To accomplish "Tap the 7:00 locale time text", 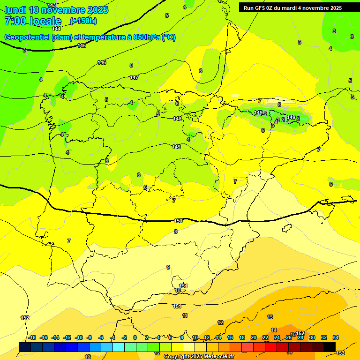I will point(33,21).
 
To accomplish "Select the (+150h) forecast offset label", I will point(83,21).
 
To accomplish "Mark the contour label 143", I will point(52,5).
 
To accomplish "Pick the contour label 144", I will point(56,29).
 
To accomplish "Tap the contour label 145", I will point(82,45).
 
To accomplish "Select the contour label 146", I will point(102,62).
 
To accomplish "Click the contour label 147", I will point(134,77).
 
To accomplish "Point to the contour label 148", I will point(177,119).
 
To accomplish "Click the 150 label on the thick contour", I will point(178,221).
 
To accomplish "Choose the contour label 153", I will point(341,352).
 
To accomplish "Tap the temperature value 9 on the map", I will point(168,267).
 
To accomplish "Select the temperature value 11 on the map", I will point(185,315).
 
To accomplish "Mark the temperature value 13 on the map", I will point(270,317).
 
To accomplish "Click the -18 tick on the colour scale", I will point(32,337).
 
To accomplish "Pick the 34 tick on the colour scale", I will point(336,337).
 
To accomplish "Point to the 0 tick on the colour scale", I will point(135,337).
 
